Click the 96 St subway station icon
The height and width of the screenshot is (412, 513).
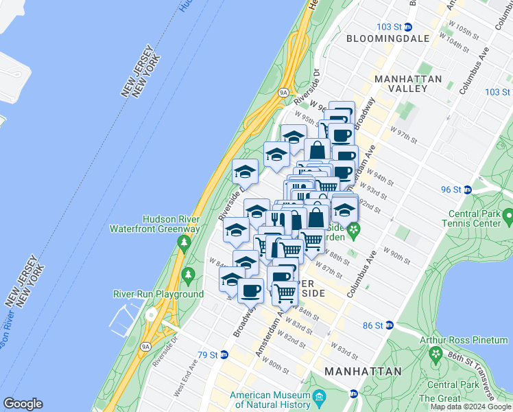click(467, 190)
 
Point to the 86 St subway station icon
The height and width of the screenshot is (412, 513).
click(389, 325)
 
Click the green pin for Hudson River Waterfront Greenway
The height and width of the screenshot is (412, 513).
click(183, 242)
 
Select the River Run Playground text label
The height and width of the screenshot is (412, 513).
click(158, 294)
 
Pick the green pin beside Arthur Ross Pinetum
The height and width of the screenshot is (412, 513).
click(435, 354)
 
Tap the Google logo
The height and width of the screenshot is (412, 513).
click(23, 404)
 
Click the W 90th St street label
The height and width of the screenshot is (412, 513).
click(396, 257)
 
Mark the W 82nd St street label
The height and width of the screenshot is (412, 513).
click(296, 340)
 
